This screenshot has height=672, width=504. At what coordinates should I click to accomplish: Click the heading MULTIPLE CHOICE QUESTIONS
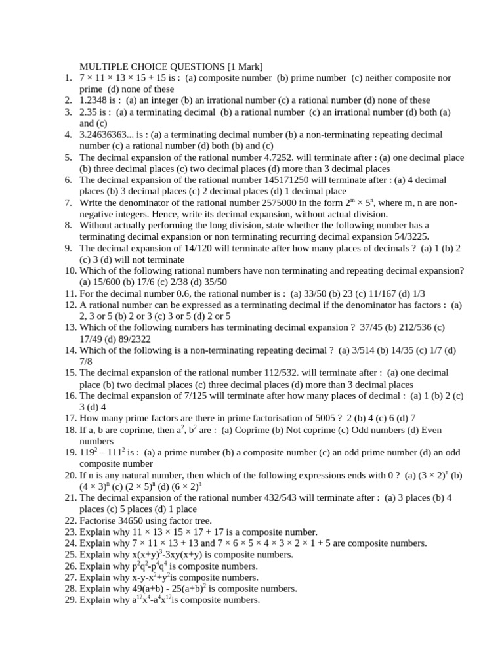152,66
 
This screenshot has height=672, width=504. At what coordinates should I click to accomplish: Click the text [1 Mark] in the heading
245,66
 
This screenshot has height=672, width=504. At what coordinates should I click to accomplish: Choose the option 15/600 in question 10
107,282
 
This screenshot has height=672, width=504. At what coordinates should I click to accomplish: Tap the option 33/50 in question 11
317,293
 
